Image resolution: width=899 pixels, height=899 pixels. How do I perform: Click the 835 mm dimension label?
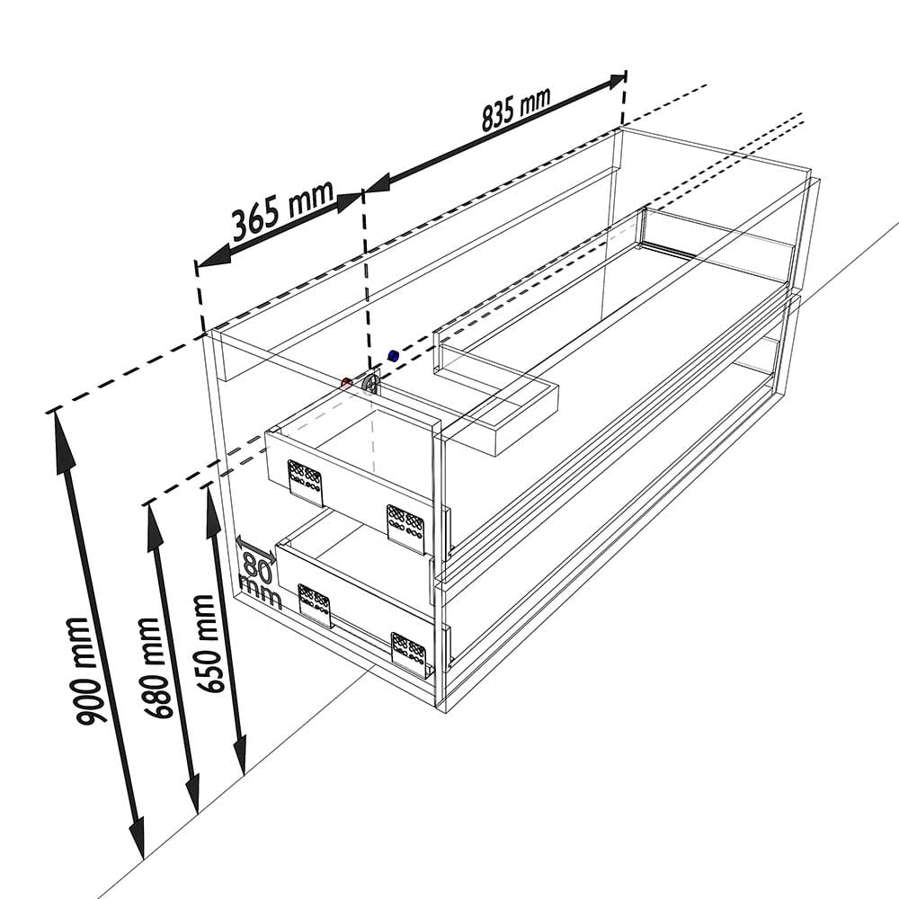point(516,109)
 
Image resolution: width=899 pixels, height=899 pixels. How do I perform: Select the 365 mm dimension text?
point(283,209)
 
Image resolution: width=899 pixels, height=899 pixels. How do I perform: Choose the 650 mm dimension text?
point(210,644)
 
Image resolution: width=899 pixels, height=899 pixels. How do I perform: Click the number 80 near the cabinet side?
point(257,565)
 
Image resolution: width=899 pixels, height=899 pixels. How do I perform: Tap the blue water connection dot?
point(394,355)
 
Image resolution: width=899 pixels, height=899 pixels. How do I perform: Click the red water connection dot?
point(346,383)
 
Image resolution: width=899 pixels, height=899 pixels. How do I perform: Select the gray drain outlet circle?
point(371,384)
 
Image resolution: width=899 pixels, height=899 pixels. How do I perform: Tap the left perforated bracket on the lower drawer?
point(314,605)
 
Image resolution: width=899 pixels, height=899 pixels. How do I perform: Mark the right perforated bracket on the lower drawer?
point(409,654)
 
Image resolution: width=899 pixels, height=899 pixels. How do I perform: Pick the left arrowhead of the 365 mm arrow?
point(213,256)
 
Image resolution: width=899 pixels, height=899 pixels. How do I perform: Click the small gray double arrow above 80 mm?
point(255,547)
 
